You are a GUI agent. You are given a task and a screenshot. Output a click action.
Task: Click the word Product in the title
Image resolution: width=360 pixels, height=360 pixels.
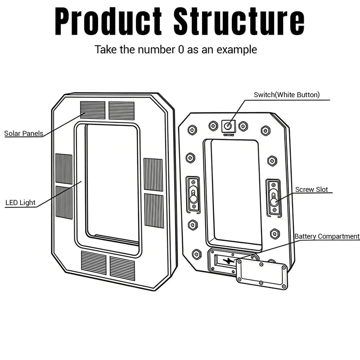point(108,21)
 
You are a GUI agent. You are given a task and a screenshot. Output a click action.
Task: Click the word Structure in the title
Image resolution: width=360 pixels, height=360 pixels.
point(239,21)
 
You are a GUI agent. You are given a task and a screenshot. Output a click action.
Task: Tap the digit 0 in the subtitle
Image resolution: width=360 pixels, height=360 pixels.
point(181,49)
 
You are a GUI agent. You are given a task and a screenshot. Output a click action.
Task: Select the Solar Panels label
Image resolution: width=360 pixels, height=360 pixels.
point(24,133)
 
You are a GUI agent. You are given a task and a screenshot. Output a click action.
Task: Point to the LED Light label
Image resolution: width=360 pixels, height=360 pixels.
point(20,202)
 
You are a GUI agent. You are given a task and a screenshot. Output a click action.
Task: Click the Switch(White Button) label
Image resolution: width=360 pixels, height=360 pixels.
point(287,95)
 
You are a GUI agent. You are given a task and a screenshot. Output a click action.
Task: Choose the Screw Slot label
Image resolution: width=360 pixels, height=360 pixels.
point(311,189)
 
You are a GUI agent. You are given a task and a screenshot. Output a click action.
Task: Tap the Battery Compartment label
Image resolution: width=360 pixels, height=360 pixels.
point(327,236)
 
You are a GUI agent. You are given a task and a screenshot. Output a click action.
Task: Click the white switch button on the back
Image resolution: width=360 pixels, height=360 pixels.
point(228,126)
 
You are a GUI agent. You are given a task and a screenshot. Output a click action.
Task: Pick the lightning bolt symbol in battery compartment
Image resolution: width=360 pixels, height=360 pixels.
point(229,261)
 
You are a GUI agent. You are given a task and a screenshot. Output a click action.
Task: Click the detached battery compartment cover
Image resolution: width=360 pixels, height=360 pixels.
point(262,274)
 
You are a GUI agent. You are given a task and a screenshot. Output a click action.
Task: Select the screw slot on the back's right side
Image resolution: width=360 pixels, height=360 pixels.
point(274,198)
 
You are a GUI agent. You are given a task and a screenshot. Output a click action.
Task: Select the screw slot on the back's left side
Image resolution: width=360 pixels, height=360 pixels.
point(193,195)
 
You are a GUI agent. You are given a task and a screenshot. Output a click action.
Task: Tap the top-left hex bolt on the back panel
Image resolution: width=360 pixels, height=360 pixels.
point(192,130)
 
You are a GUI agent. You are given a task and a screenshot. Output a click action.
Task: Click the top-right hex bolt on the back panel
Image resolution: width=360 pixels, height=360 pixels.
point(265,130)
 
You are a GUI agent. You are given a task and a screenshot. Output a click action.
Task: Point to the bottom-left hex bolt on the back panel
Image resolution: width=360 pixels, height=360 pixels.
point(197,254)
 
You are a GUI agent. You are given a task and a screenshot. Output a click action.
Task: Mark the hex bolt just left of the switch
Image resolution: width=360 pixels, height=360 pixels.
point(213,126)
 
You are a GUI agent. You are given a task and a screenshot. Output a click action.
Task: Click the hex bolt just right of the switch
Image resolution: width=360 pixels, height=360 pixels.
point(243,126)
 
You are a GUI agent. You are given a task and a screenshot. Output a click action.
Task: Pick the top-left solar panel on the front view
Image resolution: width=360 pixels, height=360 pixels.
point(93,110)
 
